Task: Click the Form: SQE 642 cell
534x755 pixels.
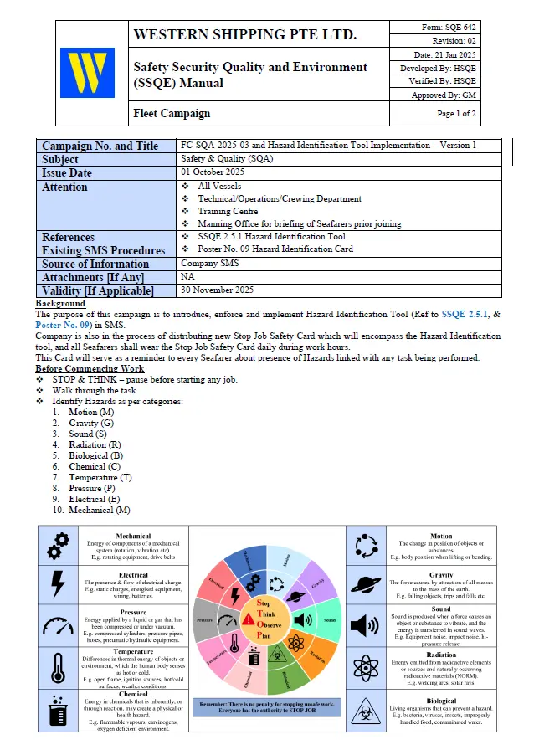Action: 449,28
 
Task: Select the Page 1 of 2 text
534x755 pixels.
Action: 456,113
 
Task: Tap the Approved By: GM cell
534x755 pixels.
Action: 449,95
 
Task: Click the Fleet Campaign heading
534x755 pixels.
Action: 172,113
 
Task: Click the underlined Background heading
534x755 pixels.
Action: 60,303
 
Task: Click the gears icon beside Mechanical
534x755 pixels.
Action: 58,545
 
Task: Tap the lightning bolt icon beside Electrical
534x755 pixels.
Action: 58,584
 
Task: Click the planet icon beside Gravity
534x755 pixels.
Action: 367,585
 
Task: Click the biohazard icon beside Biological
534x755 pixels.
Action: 367,711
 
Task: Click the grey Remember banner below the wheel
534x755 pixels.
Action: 266,708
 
